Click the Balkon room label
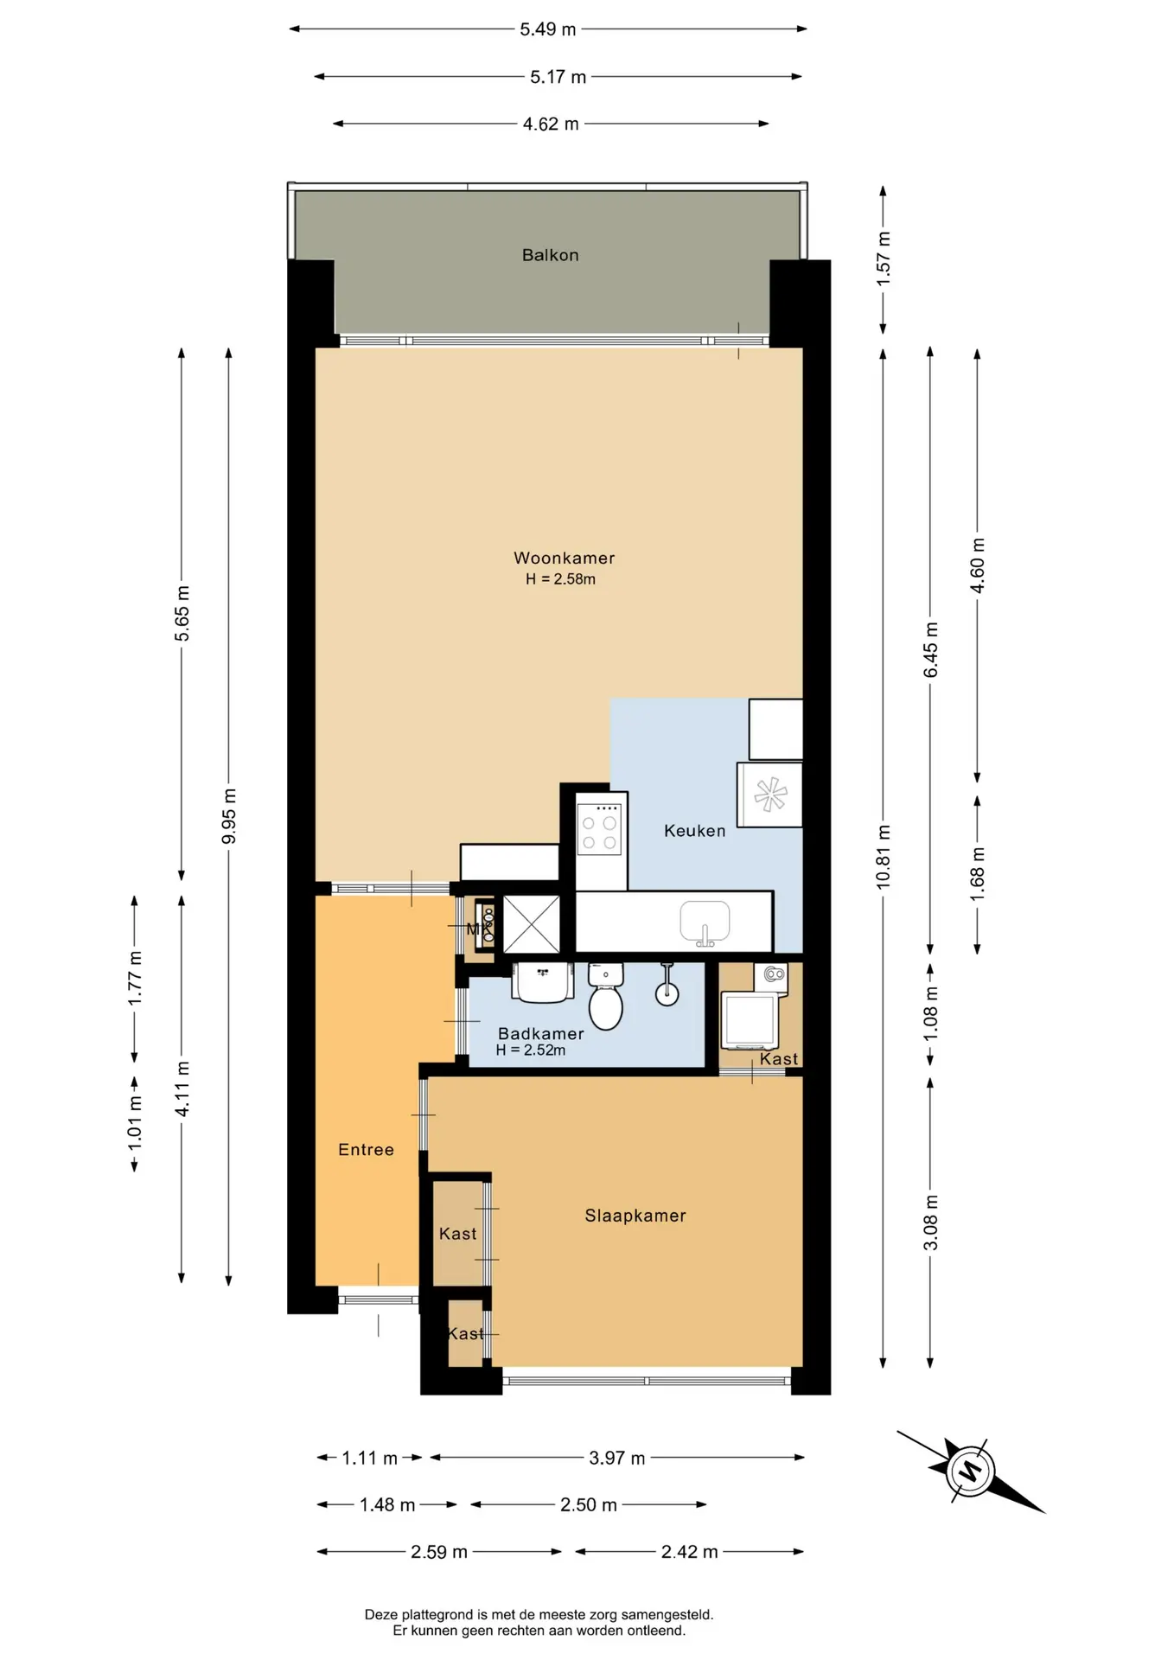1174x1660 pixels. (550, 255)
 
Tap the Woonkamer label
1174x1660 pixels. (564, 559)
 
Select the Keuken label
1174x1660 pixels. (694, 831)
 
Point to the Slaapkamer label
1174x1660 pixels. (635, 1216)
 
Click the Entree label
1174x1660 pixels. (366, 1150)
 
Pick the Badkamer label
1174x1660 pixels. (541, 1034)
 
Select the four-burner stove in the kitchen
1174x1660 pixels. (599, 828)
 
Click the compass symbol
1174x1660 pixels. (970, 1470)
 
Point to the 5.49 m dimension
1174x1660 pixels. (547, 29)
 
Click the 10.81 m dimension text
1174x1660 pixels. (883, 857)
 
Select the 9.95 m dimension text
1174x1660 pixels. (228, 816)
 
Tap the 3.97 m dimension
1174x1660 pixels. (616, 1459)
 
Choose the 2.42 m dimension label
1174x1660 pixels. (689, 1552)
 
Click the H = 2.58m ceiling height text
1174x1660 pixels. (560, 579)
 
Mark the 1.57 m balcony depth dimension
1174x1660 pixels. (883, 259)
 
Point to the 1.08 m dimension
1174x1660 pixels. (930, 1013)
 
